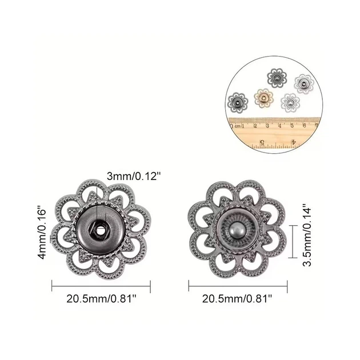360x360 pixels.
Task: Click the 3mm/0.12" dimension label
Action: [x=133, y=177]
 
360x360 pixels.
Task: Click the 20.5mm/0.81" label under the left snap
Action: [x=101, y=299]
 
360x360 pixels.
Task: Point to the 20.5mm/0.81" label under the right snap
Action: [x=237, y=299]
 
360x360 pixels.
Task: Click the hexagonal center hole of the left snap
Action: [x=100, y=230]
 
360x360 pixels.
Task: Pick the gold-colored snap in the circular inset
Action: [x=264, y=98]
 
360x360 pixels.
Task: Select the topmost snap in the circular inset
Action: [x=277, y=78]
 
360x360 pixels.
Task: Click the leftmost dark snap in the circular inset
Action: [x=238, y=102]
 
